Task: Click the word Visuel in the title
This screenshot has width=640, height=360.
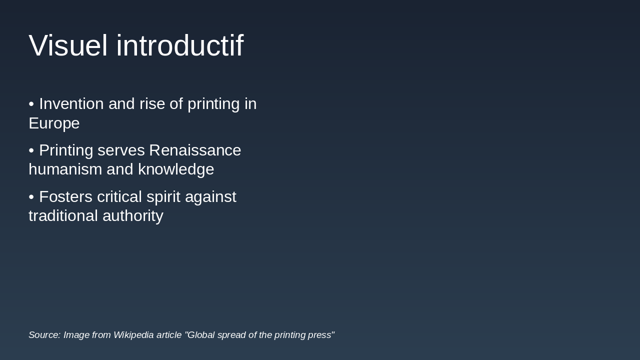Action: coord(68,45)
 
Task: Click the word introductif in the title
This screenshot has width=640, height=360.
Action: coord(179,45)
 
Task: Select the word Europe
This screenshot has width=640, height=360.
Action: coord(54,123)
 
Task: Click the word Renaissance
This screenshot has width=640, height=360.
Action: coord(195,150)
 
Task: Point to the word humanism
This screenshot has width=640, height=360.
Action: coord(65,169)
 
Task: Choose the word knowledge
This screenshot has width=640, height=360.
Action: coord(176,169)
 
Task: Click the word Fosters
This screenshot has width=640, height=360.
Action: coord(65,197)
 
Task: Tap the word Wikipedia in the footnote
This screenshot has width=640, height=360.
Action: coord(133,335)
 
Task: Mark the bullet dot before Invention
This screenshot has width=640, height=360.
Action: coord(31,104)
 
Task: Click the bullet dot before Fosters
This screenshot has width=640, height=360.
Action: coord(31,197)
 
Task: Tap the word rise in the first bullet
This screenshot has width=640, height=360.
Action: coord(152,104)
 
